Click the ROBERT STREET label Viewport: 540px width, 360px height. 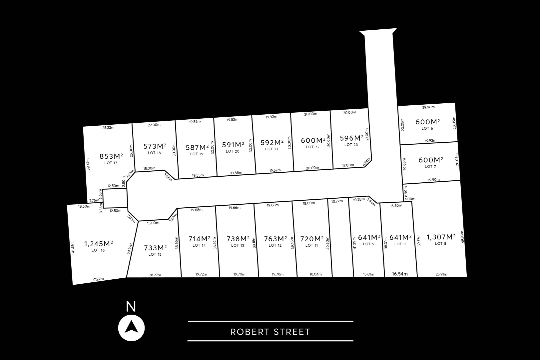270,332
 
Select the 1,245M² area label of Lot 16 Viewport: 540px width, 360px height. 99,244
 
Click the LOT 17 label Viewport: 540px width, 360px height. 111,163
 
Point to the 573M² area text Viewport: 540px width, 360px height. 155,146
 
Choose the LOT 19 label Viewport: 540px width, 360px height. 197,154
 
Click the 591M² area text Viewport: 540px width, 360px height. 233,145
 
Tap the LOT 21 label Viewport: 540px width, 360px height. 271,149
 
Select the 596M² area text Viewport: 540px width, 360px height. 351,138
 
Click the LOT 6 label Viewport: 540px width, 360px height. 427,128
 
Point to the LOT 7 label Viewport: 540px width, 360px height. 430,166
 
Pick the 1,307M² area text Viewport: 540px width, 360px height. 441,237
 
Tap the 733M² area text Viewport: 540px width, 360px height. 155,248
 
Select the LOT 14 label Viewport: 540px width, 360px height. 199,246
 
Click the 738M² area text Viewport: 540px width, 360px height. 238,239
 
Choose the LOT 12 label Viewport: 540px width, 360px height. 275,246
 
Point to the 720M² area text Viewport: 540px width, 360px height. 312,239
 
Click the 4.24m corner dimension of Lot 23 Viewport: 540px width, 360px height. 366,162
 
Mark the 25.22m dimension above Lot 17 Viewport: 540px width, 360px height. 108,127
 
